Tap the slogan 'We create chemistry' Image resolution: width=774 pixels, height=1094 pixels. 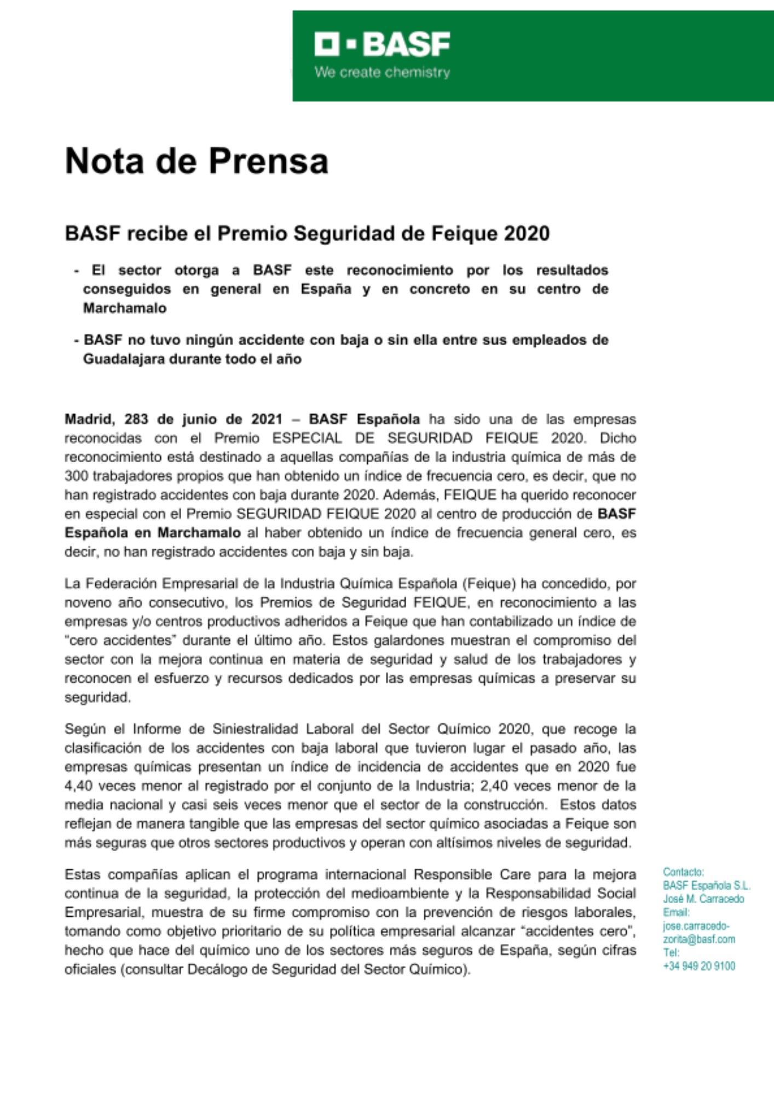coord(382,72)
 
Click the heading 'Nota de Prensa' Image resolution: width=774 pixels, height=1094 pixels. coord(197,161)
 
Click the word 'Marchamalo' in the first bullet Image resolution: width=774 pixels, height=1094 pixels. coord(125,308)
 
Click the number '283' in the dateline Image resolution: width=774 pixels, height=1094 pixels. coord(136,420)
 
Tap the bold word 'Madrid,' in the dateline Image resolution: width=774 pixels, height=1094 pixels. coord(90,420)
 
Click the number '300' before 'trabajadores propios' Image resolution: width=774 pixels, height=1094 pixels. coord(76,476)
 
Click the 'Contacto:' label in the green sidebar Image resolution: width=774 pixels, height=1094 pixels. coord(683,872)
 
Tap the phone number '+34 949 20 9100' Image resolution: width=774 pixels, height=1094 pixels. coord(699,966)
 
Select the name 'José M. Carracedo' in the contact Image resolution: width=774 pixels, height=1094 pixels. coord(703,899)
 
